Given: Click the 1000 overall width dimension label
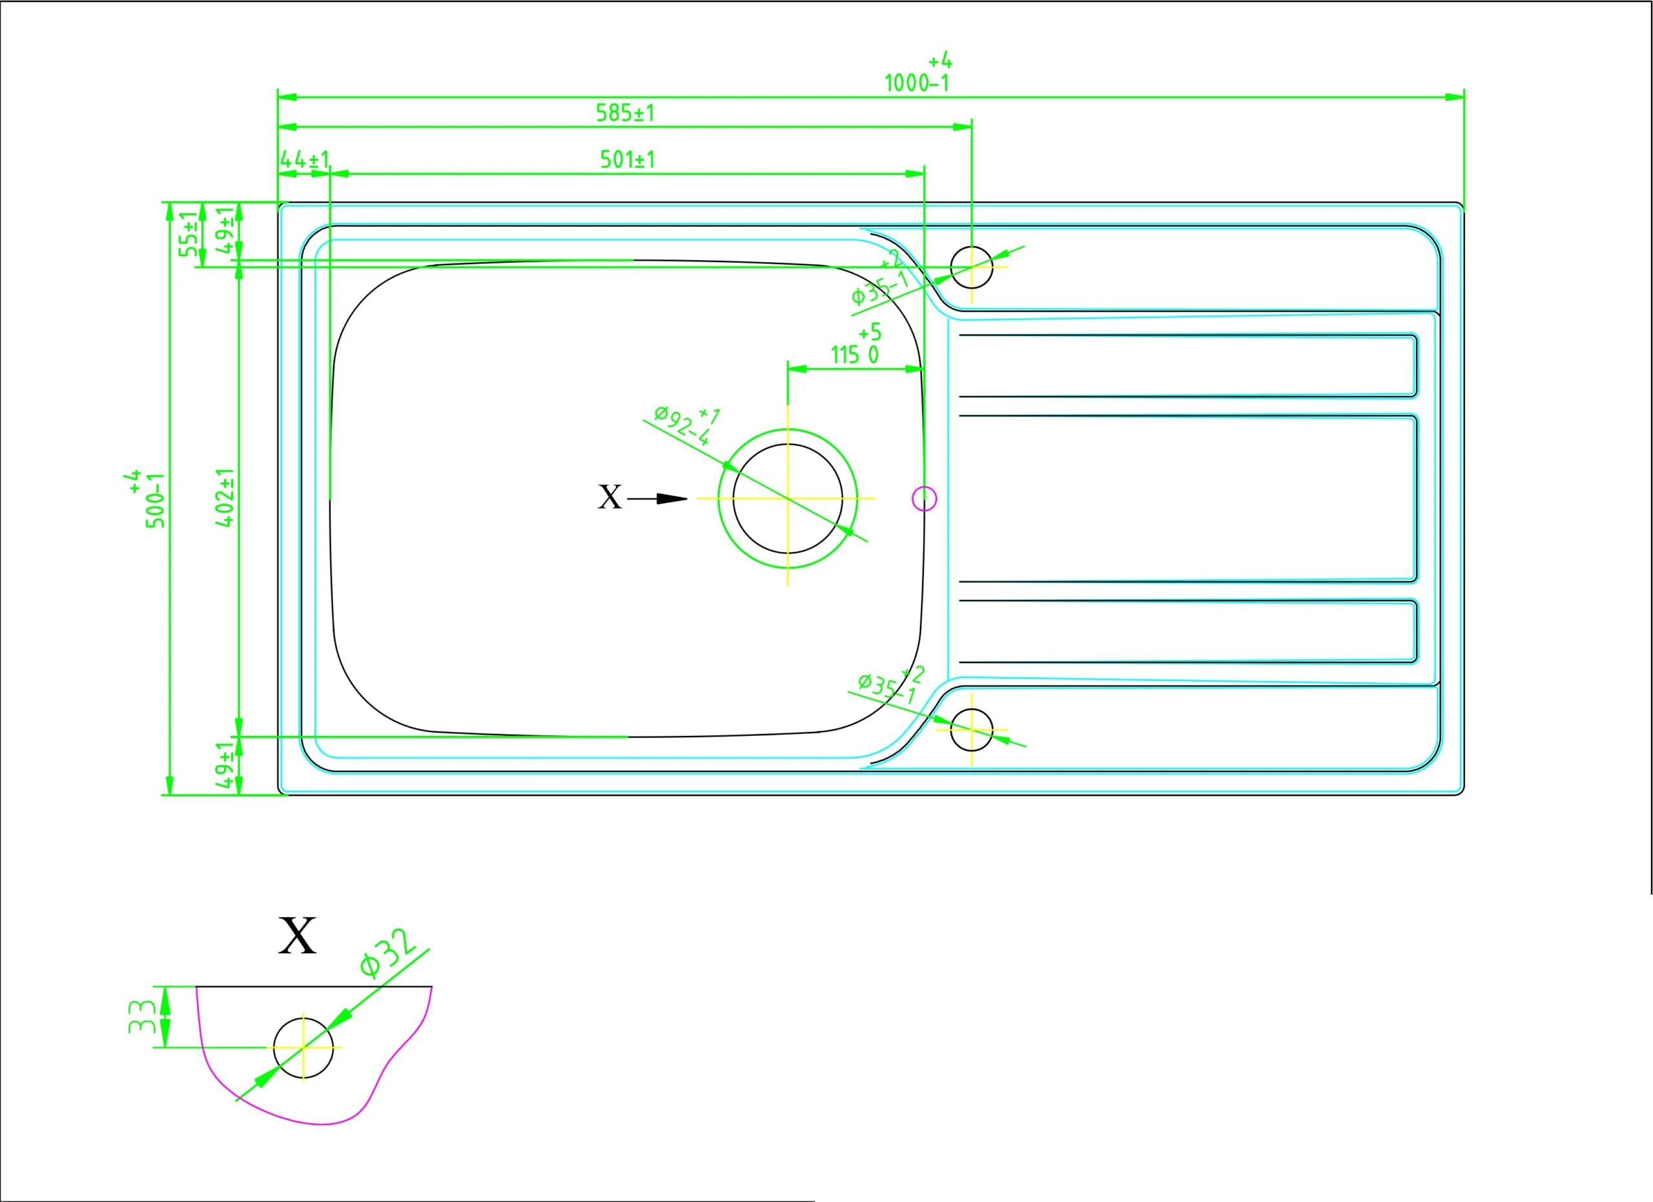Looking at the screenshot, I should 916,83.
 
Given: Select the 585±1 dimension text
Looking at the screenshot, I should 625,113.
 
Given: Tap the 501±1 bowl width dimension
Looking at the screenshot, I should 627,159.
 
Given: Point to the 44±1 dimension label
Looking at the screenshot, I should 305,159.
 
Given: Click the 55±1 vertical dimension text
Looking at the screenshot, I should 189,234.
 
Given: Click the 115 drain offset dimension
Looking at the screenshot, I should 854,355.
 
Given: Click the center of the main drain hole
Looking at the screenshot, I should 787,498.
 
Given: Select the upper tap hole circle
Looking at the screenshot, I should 972,267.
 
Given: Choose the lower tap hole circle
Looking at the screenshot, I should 972,729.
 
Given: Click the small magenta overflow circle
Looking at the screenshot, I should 924,498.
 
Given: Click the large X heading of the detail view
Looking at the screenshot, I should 298,936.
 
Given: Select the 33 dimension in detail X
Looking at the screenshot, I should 141,1016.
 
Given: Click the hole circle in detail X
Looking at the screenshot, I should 303,1048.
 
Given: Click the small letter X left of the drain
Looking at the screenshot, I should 610,498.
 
